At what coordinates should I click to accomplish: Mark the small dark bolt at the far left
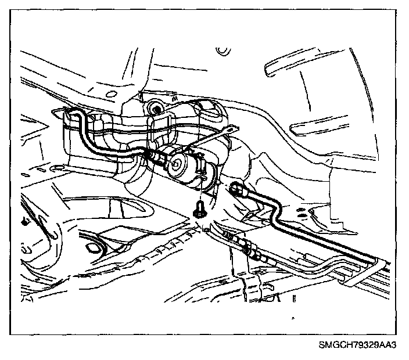coord(24,221)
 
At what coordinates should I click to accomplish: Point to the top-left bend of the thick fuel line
coord(74,116)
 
